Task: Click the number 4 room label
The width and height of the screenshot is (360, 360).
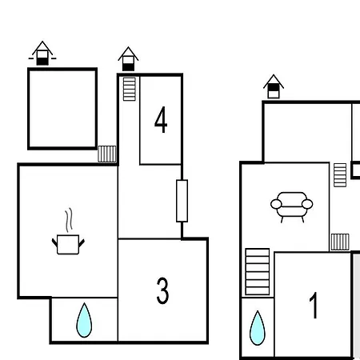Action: [x=161, y=120]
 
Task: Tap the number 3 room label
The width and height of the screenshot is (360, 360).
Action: [x=162, y=290]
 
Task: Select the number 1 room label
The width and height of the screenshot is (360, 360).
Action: [x=314, y=305]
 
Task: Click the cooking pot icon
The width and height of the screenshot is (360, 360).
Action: [x=68, y=244]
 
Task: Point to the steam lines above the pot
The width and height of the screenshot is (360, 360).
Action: [x=69, y=220]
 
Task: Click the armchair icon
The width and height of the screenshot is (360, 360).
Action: [x=292, y=207]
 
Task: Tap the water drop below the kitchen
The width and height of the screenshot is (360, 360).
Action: [x=84, y=321]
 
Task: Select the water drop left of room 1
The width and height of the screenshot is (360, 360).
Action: [x=258, y=328]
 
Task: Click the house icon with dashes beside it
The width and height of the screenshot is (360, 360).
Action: [x=42, y=53]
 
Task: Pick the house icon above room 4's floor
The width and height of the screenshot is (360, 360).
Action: [x=128, y=59]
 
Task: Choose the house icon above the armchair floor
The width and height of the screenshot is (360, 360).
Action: [x=274, y=86]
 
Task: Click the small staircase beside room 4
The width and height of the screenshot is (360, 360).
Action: [x=130, y=89]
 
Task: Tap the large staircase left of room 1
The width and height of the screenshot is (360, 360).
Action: [x=258, y=272]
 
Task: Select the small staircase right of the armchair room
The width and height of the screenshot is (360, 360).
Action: [x=340, y=175]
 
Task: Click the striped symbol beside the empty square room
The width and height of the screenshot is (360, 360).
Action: [x=107, y=154]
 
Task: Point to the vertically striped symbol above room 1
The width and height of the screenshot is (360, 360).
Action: [x=340, y=242]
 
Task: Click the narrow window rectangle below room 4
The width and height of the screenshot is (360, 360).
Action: [x=182, y=201]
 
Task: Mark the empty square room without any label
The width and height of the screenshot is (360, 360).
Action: [x=62, y=109]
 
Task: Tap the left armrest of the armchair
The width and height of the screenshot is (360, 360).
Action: [x=276, y=204]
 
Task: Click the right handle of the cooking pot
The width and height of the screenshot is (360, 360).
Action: [x=82, y=243]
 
